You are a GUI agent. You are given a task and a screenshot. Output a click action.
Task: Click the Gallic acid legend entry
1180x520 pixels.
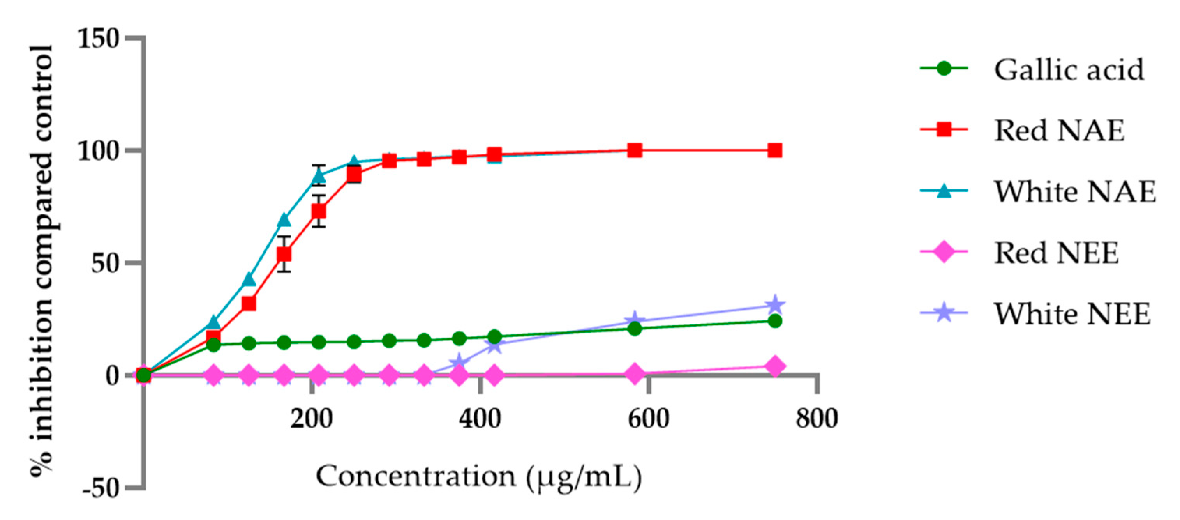pos(1069,70)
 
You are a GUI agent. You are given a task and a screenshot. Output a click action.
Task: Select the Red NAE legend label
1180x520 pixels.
pos(1059,131)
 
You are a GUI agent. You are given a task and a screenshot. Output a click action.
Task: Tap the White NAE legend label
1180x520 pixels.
pos(1075,192)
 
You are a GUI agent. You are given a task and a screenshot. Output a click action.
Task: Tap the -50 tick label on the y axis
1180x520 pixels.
pos(101,489)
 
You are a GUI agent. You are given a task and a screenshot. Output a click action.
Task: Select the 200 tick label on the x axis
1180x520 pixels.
pos(312,419)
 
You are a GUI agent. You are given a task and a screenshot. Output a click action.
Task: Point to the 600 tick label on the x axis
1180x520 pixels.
pos(648,419)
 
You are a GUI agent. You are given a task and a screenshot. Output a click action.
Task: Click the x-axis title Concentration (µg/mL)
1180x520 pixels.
pos(479,477)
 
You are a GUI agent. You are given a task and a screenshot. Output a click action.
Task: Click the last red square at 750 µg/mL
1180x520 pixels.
pos(774,150)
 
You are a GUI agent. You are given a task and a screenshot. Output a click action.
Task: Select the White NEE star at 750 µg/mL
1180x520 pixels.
pos(774,305)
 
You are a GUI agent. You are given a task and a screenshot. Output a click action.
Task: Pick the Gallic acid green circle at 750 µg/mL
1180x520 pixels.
pos(774,321)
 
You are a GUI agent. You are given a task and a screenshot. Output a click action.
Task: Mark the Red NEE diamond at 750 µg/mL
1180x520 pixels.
pos(774,366)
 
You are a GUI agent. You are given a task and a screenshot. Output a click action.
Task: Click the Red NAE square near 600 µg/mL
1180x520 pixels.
pos(635,150)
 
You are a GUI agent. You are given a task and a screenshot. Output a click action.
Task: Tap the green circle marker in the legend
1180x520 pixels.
pos(944,69)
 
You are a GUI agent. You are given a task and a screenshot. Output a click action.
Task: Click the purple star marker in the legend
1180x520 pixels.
pos(944,314)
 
